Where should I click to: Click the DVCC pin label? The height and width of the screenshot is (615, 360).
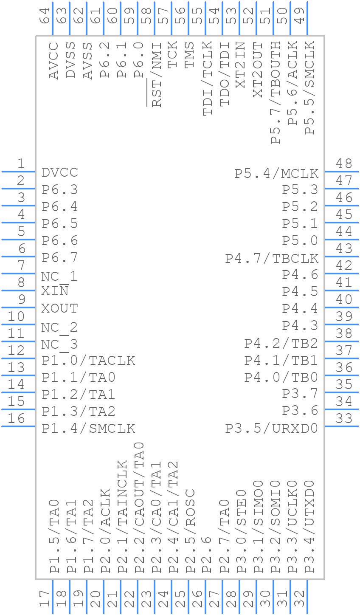(x=60, y=173)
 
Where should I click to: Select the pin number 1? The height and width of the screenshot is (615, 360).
(x=21, y=164)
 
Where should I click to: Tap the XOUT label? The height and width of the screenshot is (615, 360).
(x=60, y=308)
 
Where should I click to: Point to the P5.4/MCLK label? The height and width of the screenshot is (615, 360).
(x=276, y=174)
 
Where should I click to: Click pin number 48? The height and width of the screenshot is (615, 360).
(x=344, y=164)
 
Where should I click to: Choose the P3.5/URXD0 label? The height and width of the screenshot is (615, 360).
(x=272, y=429)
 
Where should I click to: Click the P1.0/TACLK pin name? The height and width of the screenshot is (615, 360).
(x=88, y=361)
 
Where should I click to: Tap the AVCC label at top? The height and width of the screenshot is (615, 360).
(x=53, y=60)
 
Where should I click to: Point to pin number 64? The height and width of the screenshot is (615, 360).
(x=45, y=16)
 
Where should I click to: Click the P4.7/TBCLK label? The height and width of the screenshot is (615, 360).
(x=272, y=259)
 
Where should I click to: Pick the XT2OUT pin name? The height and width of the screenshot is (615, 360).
(x=258, y=70)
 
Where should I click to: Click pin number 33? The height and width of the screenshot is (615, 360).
(x=344, y=418)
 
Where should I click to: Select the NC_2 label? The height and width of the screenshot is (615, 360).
(x=59, y=327)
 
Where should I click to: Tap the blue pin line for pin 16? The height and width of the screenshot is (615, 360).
(x=18, y=426)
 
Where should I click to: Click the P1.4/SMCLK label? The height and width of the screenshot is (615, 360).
(x=88, y=429)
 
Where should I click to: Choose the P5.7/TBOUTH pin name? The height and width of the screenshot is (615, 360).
(x=275, y=93)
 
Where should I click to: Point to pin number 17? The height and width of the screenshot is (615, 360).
(x=45, y=598)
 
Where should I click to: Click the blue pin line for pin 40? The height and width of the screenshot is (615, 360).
(x=342, y=307)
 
